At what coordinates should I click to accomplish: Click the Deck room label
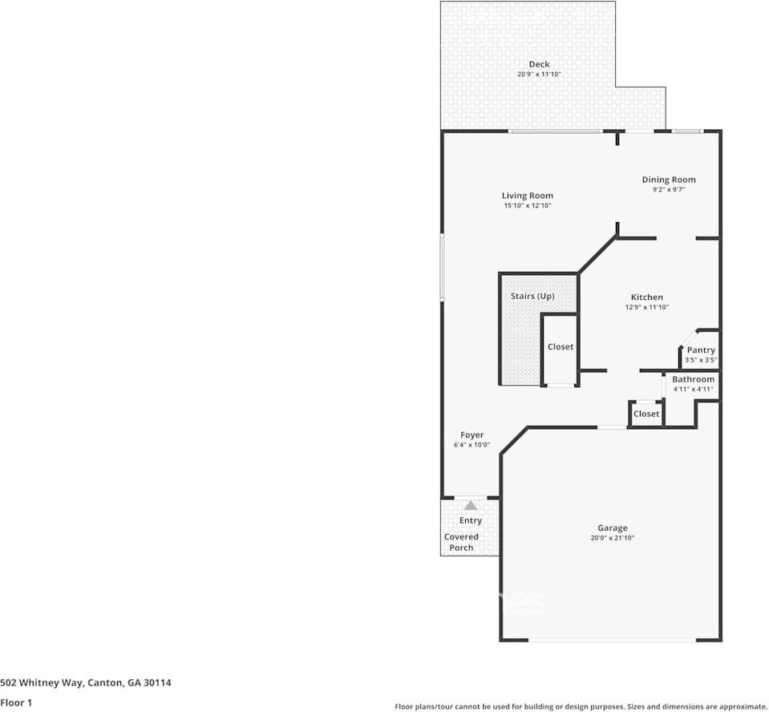tap(539, 64)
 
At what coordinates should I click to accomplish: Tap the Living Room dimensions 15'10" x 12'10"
tap(528, 205)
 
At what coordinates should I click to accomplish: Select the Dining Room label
tap(669, 180)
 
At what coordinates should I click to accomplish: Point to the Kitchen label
tap(647, 297)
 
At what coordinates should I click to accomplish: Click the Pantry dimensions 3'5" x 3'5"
tap(701, 360)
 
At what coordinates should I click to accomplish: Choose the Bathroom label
tap(693, 379)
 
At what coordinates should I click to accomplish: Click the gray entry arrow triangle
tap(471, 505)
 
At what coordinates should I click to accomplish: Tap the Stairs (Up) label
tap(532, 296)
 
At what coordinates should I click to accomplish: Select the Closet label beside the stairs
tap(561, 346)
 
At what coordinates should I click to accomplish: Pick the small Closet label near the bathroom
tap(646, 414)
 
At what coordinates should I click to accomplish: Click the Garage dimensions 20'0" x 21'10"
tap(613, 538)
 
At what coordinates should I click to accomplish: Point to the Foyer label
tap(472, 435)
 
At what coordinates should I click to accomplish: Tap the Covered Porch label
tap(462, 542)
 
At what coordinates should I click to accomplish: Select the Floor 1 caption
tap(16, 702)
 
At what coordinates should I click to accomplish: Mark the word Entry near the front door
tap(471, 520)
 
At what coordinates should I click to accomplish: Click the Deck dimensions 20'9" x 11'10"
tap(539, 75)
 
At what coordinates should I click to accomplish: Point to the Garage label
tap(613, 528)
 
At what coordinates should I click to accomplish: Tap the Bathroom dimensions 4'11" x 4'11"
tap(693, 390)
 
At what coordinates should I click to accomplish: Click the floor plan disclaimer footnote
tap(581, 706)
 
